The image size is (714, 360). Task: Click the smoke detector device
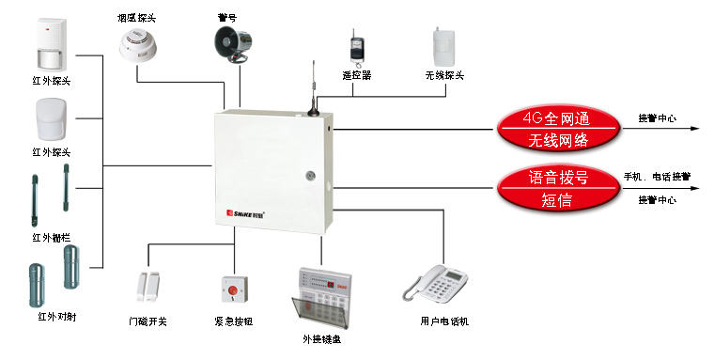coord(138,45)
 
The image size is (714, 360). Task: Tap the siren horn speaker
coord(233,44)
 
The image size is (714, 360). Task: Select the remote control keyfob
coord(356,48)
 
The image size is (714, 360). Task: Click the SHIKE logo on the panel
coord(246,212)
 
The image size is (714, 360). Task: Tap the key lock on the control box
coord(311,175)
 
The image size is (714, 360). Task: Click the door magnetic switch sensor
coord(148,286)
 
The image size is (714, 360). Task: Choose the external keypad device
coord(322,298)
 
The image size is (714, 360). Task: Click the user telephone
coord(435,284)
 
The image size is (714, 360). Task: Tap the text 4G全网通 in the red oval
coord(556,119)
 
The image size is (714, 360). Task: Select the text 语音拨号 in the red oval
coord(558,178)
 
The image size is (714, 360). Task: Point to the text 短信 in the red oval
coord(556,200)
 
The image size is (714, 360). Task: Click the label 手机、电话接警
coord(657,177)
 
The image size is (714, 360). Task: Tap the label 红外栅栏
coord(52,238)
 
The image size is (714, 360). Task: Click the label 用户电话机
coord(444,321)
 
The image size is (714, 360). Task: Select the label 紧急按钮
coord(234,321)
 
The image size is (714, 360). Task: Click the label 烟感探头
coord(136,18)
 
